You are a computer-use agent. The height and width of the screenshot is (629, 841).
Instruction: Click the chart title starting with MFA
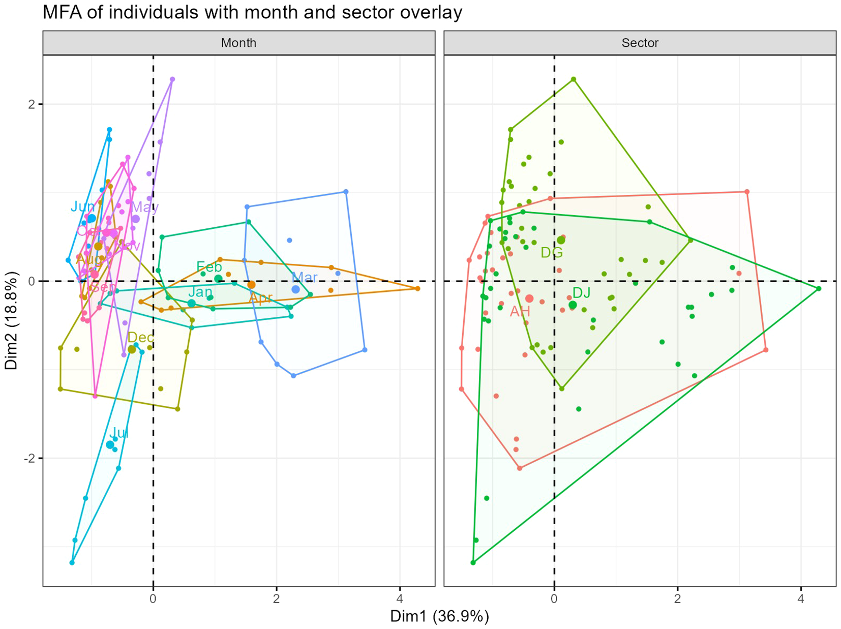coord(252,12)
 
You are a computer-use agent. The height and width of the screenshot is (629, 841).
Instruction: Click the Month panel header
coord(238,43)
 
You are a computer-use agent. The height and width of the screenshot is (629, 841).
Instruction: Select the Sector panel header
coord(640,43)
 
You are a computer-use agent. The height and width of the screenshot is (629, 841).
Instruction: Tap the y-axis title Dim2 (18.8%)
coord(12,320)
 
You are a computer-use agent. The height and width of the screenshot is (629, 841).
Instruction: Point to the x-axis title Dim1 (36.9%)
coord(439,616)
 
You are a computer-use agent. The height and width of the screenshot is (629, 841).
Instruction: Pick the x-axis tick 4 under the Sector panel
coord(801,598)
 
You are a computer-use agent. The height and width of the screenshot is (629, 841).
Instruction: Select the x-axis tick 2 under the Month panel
coord(277,598)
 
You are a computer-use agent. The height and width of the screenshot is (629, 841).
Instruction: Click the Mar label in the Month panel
coord(305,278)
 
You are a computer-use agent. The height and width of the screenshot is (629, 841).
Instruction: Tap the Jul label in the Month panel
coord(118,433)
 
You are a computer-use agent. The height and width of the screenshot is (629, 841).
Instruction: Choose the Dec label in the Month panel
coord(140,338)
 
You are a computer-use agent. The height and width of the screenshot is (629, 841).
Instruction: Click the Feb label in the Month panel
coord(209,267)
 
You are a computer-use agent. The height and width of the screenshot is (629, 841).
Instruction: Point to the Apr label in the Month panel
coord(260,297)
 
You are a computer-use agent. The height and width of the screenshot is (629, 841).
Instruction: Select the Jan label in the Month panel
coord(200,292)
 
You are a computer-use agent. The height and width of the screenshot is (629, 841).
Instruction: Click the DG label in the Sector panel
coord(552,253)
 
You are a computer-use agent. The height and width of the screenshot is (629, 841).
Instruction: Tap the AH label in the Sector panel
coord(520,312)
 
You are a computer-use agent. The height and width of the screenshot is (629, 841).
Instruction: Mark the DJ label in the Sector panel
coord(581,292)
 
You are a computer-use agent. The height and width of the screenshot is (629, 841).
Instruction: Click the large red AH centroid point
coord(529,299)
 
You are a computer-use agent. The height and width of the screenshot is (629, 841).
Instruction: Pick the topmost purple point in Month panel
coord(172,79)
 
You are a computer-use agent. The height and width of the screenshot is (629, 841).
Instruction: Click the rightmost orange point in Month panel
coord(417,289)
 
